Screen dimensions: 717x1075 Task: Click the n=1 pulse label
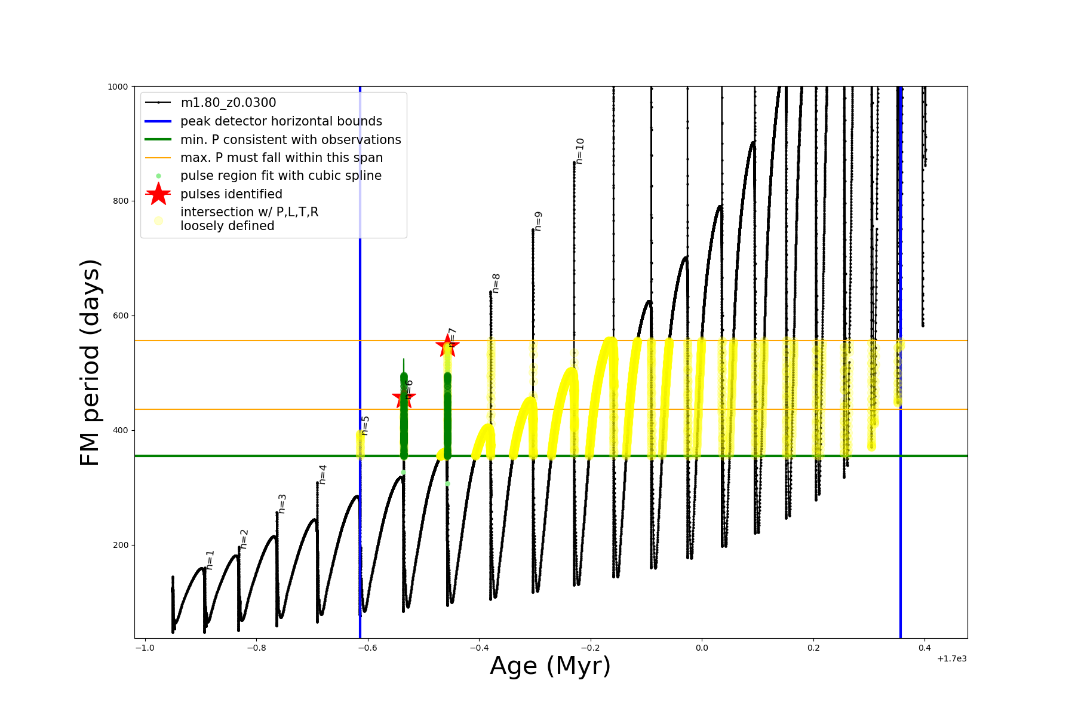pyautogui.click(x=210, y=560)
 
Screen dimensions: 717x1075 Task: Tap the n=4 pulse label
pyautogui.click(x=323, y=474)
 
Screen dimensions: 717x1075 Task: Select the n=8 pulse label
pyautogui.click(x=496, y=283)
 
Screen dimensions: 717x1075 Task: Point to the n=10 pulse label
pyautogui.click(x=580, y=151)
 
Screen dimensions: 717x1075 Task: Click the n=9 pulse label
pyautogui.click(x=538, y=221)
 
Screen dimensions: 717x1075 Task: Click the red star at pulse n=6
pyautogui.click(x=404, y=397)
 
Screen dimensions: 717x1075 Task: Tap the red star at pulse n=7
pyautogui.click(x=447, y=345)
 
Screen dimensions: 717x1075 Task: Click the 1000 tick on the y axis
pyautogui.click(x=118, y=87)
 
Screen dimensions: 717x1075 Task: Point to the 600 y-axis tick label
pyautogui.click(x=120, y=315)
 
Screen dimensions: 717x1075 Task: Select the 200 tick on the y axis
pyautogui.click(x=120, y=545)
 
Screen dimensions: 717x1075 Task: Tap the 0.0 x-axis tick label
pyautogui.click(x=702, y=648)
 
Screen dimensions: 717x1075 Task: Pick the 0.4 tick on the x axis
pyautogui.click(x=924, y=648)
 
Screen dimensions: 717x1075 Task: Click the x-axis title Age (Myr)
pyautogui.click(x=550, y=666)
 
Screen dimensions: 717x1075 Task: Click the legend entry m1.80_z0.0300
pyautogui.click(x=228, y=103)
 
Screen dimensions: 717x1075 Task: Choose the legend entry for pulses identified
pyautogui.click(x=231, y=194)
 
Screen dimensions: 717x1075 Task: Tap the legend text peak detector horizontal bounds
pyautogui.click(x=281, y=121)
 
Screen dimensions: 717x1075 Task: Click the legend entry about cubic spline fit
pyautogui.click(x=281, y=176)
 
